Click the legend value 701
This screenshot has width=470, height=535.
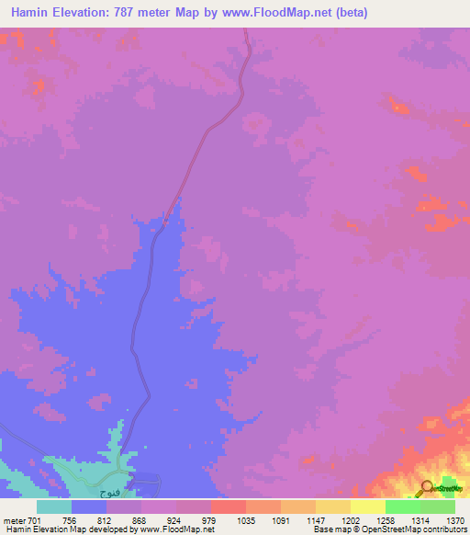(x=36, y=519)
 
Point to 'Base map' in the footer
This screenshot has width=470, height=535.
(x=331, y=529)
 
